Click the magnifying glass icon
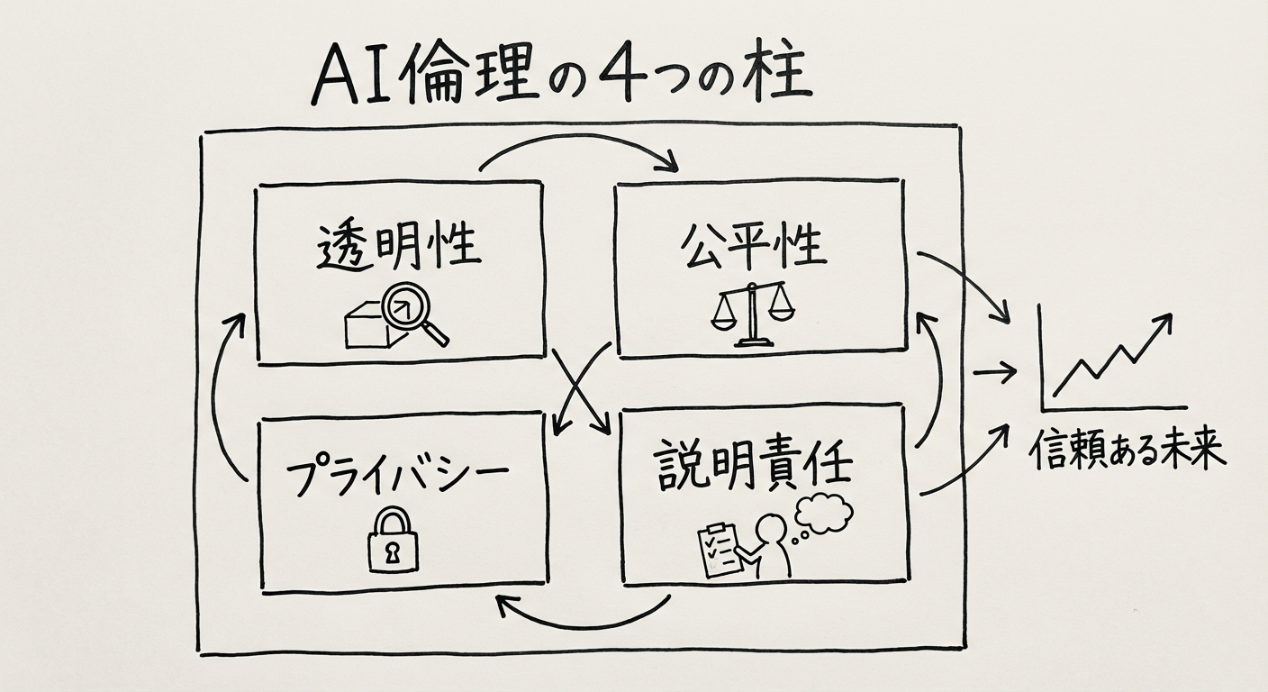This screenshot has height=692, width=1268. pyautogui.click(x=410, y=315)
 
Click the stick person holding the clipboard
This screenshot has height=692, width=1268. pyautogui.click(x=771, y=545)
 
